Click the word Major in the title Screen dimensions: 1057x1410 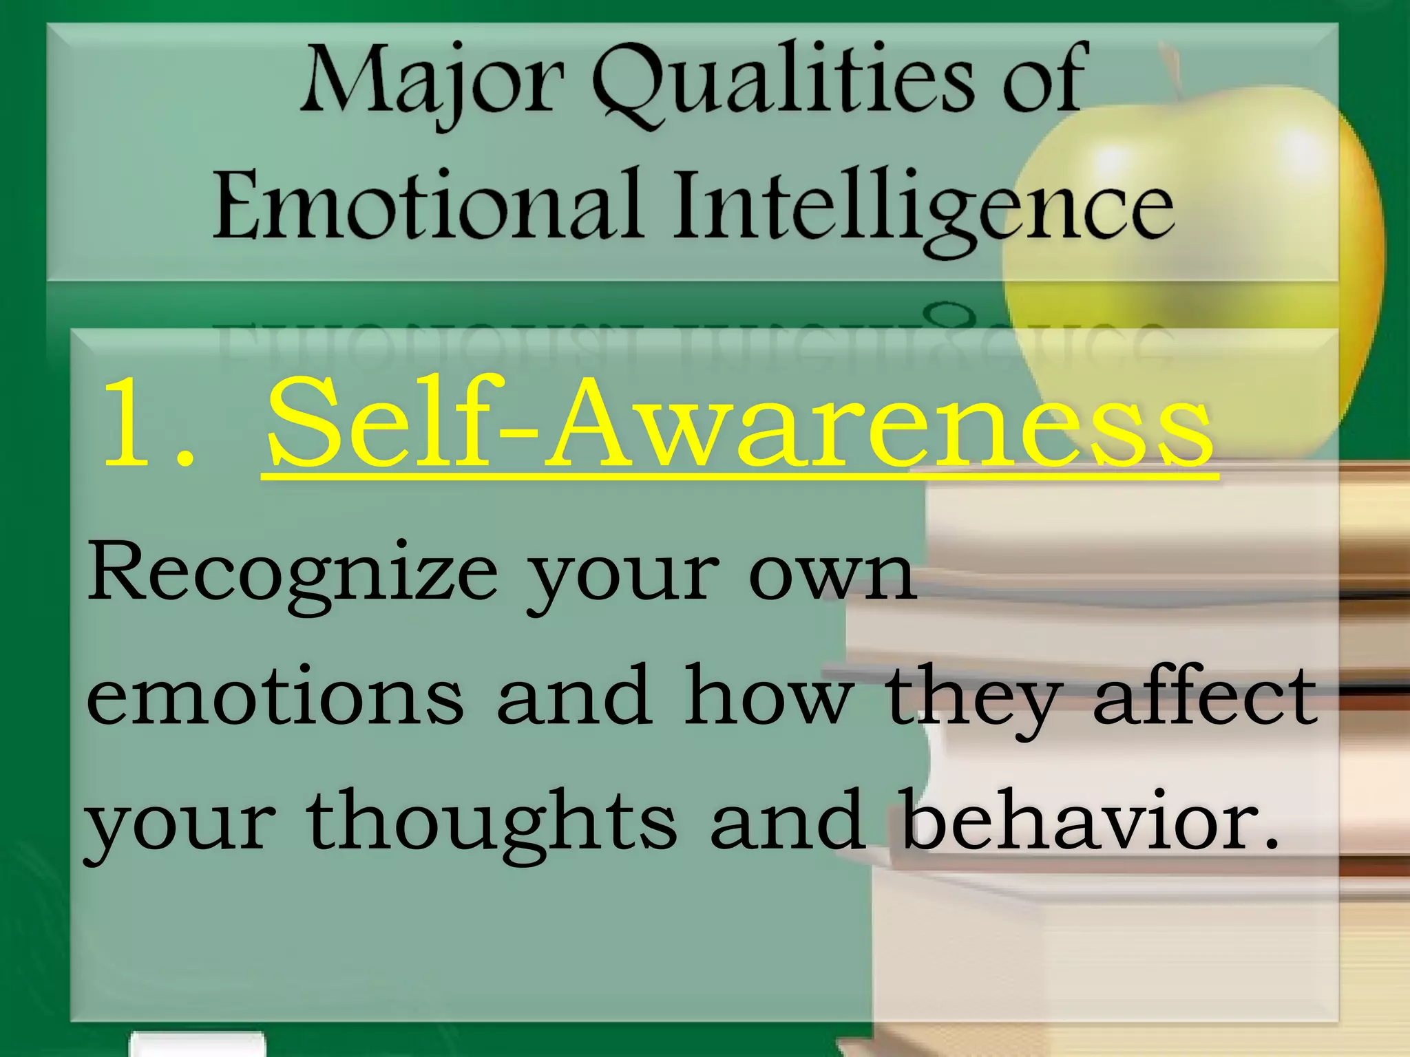pyautogui.click(x=432, y=83)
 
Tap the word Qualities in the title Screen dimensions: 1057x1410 pyautogui.click(x=783, y=83)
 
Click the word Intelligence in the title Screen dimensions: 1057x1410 pyautogui.click(x=923, y=206)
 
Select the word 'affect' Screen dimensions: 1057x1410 pyautogui.click(x=1205, y=695)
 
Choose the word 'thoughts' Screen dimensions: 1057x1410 pyautogui.click(x=492, y=822)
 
